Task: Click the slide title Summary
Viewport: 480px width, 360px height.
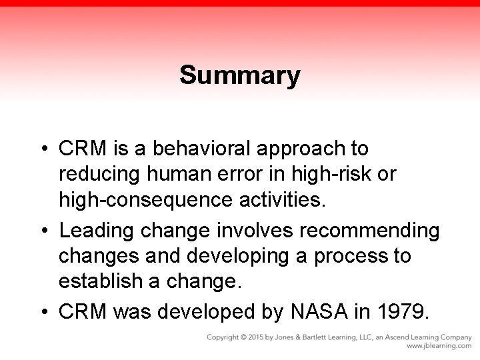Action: pos(240,75)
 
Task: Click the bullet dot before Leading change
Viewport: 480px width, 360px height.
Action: pos(43,231)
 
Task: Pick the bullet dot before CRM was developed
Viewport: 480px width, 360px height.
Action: pos(43,311)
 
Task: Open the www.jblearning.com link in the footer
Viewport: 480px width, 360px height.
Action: pos(439,347)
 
